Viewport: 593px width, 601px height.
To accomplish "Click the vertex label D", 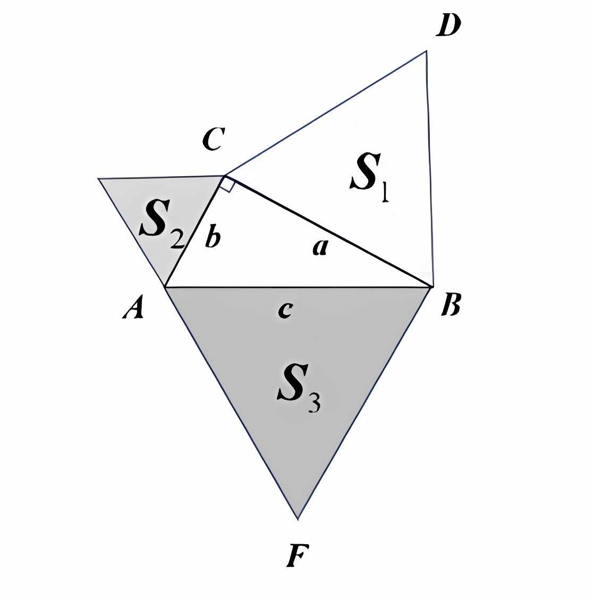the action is [x=447, y=26].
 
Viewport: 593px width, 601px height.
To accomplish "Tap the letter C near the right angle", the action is [x=214, y=139].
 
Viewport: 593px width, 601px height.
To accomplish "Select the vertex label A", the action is [x=133, y=308].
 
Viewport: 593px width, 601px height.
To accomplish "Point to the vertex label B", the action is [x=450, y=306].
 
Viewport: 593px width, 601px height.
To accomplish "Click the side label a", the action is [x=319, y=247].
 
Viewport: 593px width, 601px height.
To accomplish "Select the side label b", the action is [x=212, y=238].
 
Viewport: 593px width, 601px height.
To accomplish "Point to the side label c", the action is [x=285, y=310].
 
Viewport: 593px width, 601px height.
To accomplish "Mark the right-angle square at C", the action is [x=227, y=185].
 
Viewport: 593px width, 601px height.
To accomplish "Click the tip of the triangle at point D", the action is [x=426, y=51].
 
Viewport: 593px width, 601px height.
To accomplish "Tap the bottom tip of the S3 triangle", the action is [x=298, y=518].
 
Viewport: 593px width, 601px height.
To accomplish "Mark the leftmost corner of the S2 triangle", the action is [x=99, y=179].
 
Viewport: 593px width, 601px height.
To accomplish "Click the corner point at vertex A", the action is [x=165, y=287].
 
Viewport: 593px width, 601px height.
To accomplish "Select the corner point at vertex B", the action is [x=432, y=287].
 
